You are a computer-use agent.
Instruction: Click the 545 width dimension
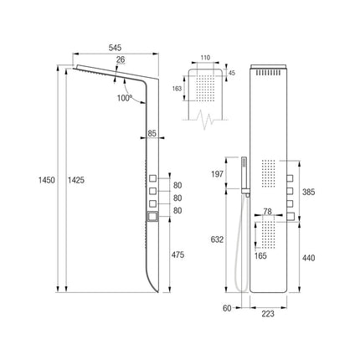[115, 48]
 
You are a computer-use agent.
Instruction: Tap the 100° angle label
[125, 98]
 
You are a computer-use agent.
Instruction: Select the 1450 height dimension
[47, 180]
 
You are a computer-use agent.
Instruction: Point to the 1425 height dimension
[76, 180]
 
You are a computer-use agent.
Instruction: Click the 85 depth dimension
[152, 133]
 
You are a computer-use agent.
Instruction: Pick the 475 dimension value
[178, 255]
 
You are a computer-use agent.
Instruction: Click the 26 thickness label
[121, 59]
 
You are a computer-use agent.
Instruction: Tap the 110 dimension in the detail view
[205, 58]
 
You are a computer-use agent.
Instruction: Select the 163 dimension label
[177, 89]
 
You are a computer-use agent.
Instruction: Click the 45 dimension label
[232, 73]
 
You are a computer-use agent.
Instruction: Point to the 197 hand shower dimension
[218, 174]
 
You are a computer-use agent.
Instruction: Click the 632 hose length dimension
[218, 239]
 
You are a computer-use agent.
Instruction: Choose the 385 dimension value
[309, 192]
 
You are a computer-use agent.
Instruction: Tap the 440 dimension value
[309, 258]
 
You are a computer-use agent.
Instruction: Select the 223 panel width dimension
[268, 314]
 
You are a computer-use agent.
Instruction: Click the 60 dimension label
[227, 308]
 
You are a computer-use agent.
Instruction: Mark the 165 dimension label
[260, 255]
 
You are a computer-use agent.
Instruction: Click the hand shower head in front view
[244, 172]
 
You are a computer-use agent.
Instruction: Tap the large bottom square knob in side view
[152, 217]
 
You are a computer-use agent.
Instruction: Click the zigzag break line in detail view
[205, 120]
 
